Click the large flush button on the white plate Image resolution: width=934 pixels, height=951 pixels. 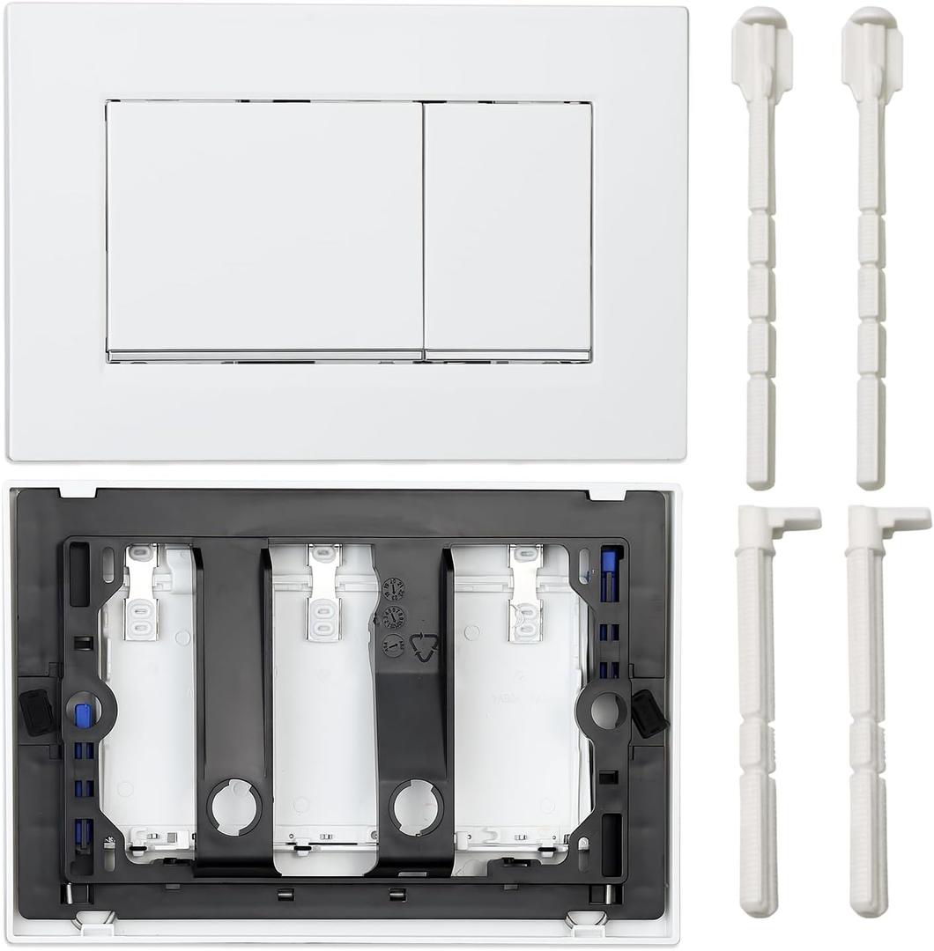click(x=264, y=229)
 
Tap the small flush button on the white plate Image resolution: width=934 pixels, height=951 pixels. click(x=508, y=229)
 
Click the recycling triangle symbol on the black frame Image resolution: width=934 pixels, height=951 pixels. click(x=425, y=647)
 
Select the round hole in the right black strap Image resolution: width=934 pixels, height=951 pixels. click(x=417, y=807)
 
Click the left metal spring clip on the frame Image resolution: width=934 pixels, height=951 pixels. click(x=142, y=592)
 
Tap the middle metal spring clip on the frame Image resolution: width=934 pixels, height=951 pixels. click(x=323, y=592)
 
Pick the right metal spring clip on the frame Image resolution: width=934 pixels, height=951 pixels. click(x=524, y=592)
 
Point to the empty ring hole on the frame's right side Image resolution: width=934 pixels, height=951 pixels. click(x=607, y=710)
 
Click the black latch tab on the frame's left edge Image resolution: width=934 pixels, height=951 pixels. click(x=36, y=711)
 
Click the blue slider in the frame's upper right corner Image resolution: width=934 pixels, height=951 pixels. click(x=608, y=573)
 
